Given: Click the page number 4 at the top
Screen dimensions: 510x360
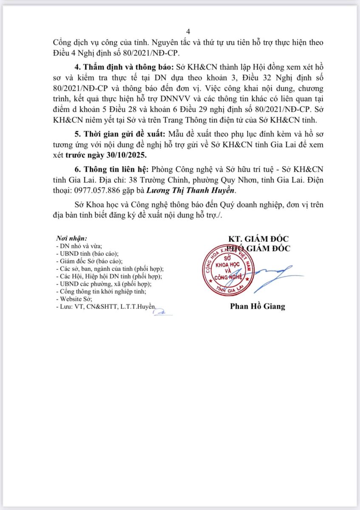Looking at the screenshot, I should [188, 31].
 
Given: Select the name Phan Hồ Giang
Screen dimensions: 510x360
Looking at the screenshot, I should [258, 306].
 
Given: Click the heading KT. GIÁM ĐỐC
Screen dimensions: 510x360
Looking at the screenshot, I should [258, 239].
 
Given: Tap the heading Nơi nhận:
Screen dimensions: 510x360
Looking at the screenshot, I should [71, 238].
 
